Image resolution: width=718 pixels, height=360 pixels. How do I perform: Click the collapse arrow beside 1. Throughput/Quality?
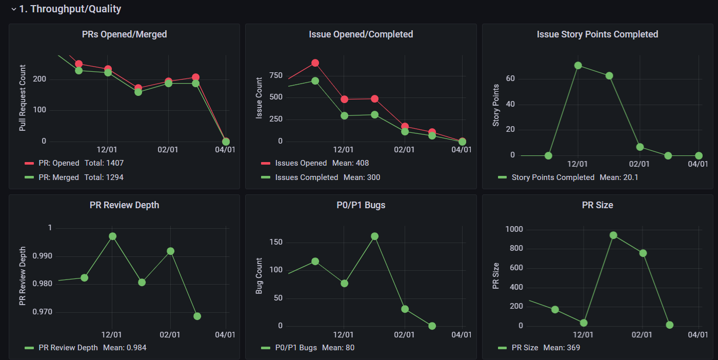pos(13,9)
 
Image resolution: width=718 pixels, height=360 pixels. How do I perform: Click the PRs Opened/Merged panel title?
pos(125,34)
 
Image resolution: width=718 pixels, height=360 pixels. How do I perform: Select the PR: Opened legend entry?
pos(58,163)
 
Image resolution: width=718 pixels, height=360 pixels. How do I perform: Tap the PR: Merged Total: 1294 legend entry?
pos(81,177)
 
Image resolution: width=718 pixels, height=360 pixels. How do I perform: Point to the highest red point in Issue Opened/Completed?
pos(315,63)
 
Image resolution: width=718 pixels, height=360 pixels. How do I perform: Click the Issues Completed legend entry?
pos(306,177)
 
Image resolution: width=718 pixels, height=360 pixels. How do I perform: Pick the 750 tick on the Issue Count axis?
pos(276,76)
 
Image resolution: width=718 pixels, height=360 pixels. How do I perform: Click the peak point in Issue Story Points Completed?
pos(578,66)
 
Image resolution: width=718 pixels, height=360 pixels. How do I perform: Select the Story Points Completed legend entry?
pos(552,177)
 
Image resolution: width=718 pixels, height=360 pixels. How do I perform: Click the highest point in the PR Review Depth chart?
pos(113,236)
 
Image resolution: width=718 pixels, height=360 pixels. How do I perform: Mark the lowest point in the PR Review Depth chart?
pos(197,316)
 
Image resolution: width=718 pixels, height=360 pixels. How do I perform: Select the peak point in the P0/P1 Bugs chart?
pos(374,236)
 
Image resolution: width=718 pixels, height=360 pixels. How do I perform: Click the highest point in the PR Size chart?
pos(613,235)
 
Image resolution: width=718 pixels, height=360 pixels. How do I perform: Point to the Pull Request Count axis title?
pos(23,98)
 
